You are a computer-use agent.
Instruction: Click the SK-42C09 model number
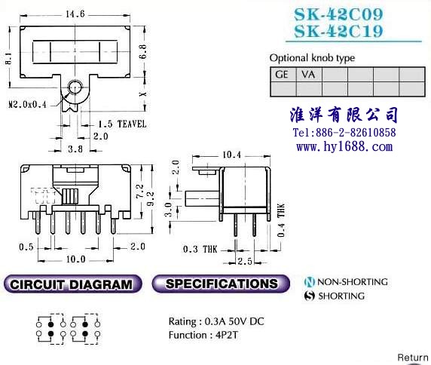click(338, 14)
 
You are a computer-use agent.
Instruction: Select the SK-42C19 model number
click(338, 31)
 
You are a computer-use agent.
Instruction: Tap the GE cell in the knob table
click(283, 75)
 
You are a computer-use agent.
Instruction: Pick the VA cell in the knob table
click(309, 75)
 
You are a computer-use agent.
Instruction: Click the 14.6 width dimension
click(75, 14)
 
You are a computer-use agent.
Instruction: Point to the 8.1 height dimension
click(8, 59)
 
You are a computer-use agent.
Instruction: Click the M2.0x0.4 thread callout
click(27, 105)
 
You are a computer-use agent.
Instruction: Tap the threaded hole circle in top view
click(75, 87)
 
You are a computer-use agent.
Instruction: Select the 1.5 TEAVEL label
click(122, 124)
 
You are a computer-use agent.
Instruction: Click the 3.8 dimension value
click(75, 149)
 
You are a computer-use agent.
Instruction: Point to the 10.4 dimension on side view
click(231, 155)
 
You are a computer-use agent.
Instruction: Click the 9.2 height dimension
click(151, 198)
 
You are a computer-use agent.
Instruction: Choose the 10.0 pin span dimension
click(75, 259)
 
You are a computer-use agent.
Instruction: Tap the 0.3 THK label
click(200, 250)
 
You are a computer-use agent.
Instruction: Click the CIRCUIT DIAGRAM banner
click(73, 284)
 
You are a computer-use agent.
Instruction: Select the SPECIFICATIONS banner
click(221, 284)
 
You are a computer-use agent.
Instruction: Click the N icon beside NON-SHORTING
click(309, 282)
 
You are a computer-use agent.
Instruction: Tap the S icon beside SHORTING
click(309, 296)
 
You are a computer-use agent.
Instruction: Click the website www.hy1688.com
click(344, 146)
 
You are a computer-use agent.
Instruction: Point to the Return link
click(413, 357)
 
